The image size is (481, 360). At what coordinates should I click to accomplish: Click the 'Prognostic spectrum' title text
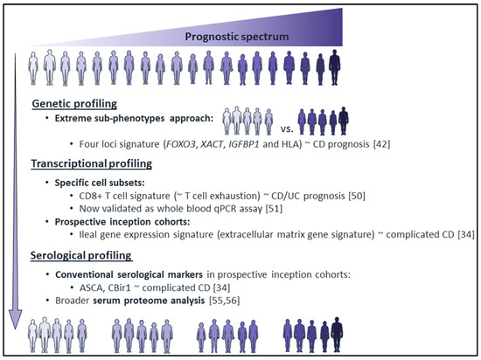pos(237,37)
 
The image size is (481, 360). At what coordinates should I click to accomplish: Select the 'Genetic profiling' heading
pos(74,104)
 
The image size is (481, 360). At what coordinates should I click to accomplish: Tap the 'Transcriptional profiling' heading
pos(92,163)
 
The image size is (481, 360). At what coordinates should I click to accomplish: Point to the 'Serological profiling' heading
pos(81,255)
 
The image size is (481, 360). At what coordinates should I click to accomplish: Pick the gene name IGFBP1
pos(244,144)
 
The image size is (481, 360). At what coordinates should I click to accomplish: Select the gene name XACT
pos(212,144)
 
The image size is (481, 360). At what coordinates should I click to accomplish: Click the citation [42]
pos(381,144)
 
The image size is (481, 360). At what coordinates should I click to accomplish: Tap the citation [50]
pos(357,196)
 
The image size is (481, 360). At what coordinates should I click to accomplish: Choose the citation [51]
pos(274,209)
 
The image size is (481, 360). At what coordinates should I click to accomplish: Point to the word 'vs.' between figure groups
pos(287,129)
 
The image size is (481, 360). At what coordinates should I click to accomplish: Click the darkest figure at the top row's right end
pos(335,67)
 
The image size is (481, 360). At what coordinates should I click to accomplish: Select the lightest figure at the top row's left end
pos(33,68)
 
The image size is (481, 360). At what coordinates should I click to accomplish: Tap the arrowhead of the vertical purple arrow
pos(16,320)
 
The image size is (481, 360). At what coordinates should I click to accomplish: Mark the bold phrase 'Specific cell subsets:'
pos(100,183)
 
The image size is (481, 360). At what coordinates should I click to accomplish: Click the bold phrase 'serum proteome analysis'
pos(149,301)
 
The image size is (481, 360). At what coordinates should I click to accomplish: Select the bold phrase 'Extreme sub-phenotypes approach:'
pos(134,119)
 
